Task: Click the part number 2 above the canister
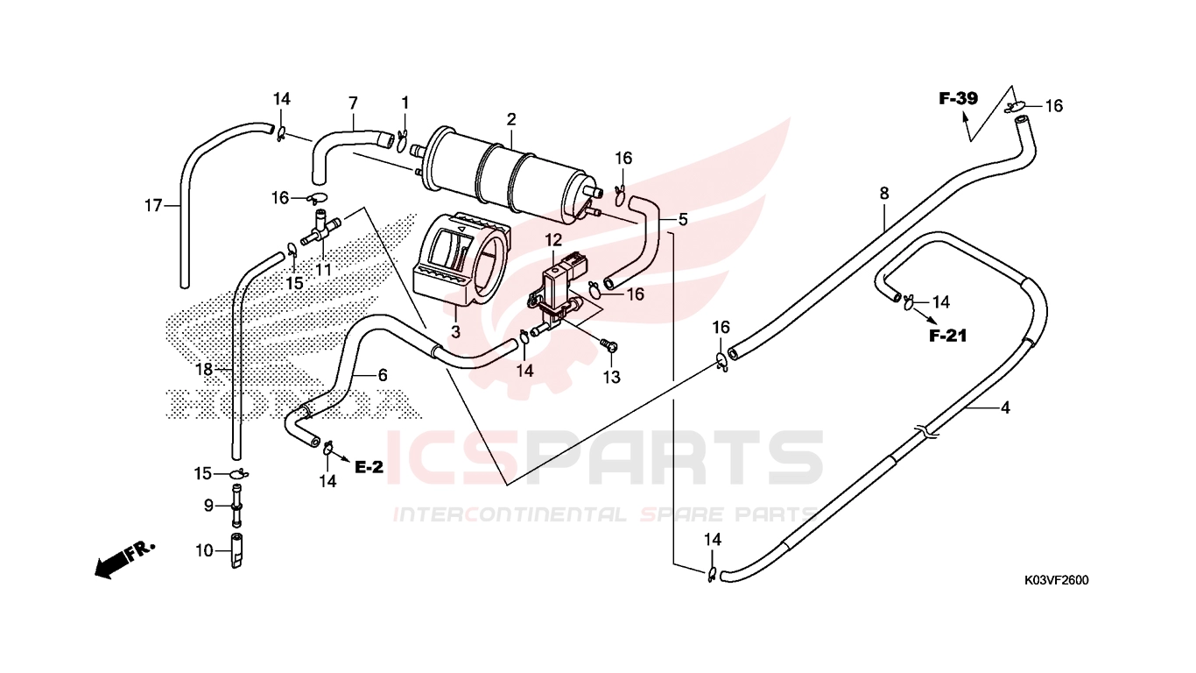click(x=511, y=119)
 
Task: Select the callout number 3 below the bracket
click(x=455, y=332)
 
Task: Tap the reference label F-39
click(x=959, y=98)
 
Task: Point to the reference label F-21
click(x=947, y=336)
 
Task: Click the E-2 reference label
click(x=369, y=467)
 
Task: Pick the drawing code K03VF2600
click(x=1056, y=580)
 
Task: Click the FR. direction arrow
click(x=125, y=560)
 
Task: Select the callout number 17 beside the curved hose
click(x=153, y=205)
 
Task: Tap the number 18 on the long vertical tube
click(x=204, y=370)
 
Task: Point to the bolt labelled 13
click(x=609, y=345)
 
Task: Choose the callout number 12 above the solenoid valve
click(x=553, y=241)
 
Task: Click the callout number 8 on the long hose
click(x=884, y=193)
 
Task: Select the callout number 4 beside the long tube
click(x=1005, y=407)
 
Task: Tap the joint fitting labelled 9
click(x=236, y=505)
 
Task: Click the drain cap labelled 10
click(x=236, y=550)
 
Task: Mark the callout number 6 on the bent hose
click(x=383, y=375)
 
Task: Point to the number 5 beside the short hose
click(x=682, y=219)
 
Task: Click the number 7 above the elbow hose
click(x=353, y=103)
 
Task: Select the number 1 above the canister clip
click(x=405, y=103)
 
